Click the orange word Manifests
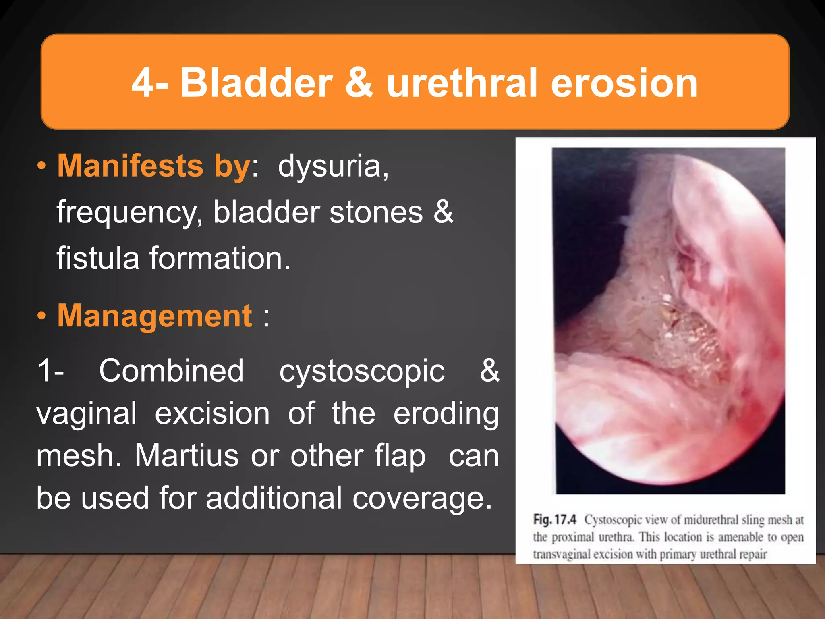[130, 166]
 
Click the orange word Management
[155, 316]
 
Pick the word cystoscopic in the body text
[362, 371]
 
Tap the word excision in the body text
[212, 413]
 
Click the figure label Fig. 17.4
[555, 519]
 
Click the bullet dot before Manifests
[41, 166]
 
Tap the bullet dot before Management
[41, 316]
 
